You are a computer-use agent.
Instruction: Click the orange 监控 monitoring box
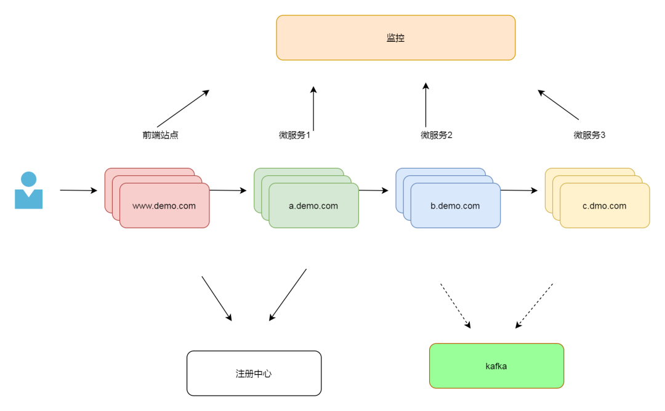click(395, 38)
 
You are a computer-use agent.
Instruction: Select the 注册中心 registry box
click(254, 373)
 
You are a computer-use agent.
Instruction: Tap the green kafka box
click(496, 366)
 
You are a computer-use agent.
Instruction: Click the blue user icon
click(28, 191)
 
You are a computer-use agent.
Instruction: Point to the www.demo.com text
click(164, 206)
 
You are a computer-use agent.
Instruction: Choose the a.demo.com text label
click(313, 206)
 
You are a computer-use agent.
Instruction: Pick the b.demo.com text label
click(455, 206)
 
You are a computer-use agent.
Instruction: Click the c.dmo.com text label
click(604, 206)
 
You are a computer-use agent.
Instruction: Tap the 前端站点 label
click(160, 135)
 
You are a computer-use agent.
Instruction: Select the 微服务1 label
click(294, 135)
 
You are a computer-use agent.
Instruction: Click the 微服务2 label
click(437, 135)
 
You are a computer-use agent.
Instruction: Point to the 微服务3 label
click(589, 135)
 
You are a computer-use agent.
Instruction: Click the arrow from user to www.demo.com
click(78, 191)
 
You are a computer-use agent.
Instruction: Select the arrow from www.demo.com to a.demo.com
click(228, 191)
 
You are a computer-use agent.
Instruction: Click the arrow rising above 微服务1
click(313, 108)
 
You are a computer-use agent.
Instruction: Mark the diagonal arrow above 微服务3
click(558, 105)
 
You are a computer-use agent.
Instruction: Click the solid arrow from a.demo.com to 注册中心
click(288, 295)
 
